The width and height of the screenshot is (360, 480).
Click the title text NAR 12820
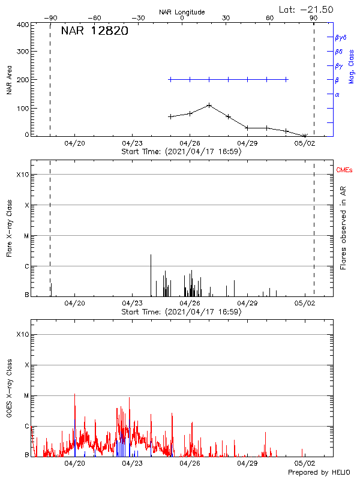(94, 32)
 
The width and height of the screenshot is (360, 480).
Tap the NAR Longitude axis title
(182, 11)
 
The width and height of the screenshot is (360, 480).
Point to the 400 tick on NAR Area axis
(23, 25)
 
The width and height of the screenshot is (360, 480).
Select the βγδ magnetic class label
(341, 37)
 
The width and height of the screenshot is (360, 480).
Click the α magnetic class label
(337, 94)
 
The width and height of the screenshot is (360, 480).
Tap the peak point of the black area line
(209, 105)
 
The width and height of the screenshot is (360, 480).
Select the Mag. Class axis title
(352, 66)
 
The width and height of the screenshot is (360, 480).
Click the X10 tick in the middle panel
(23, 175)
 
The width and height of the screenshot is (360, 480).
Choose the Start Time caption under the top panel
(182, 152)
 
